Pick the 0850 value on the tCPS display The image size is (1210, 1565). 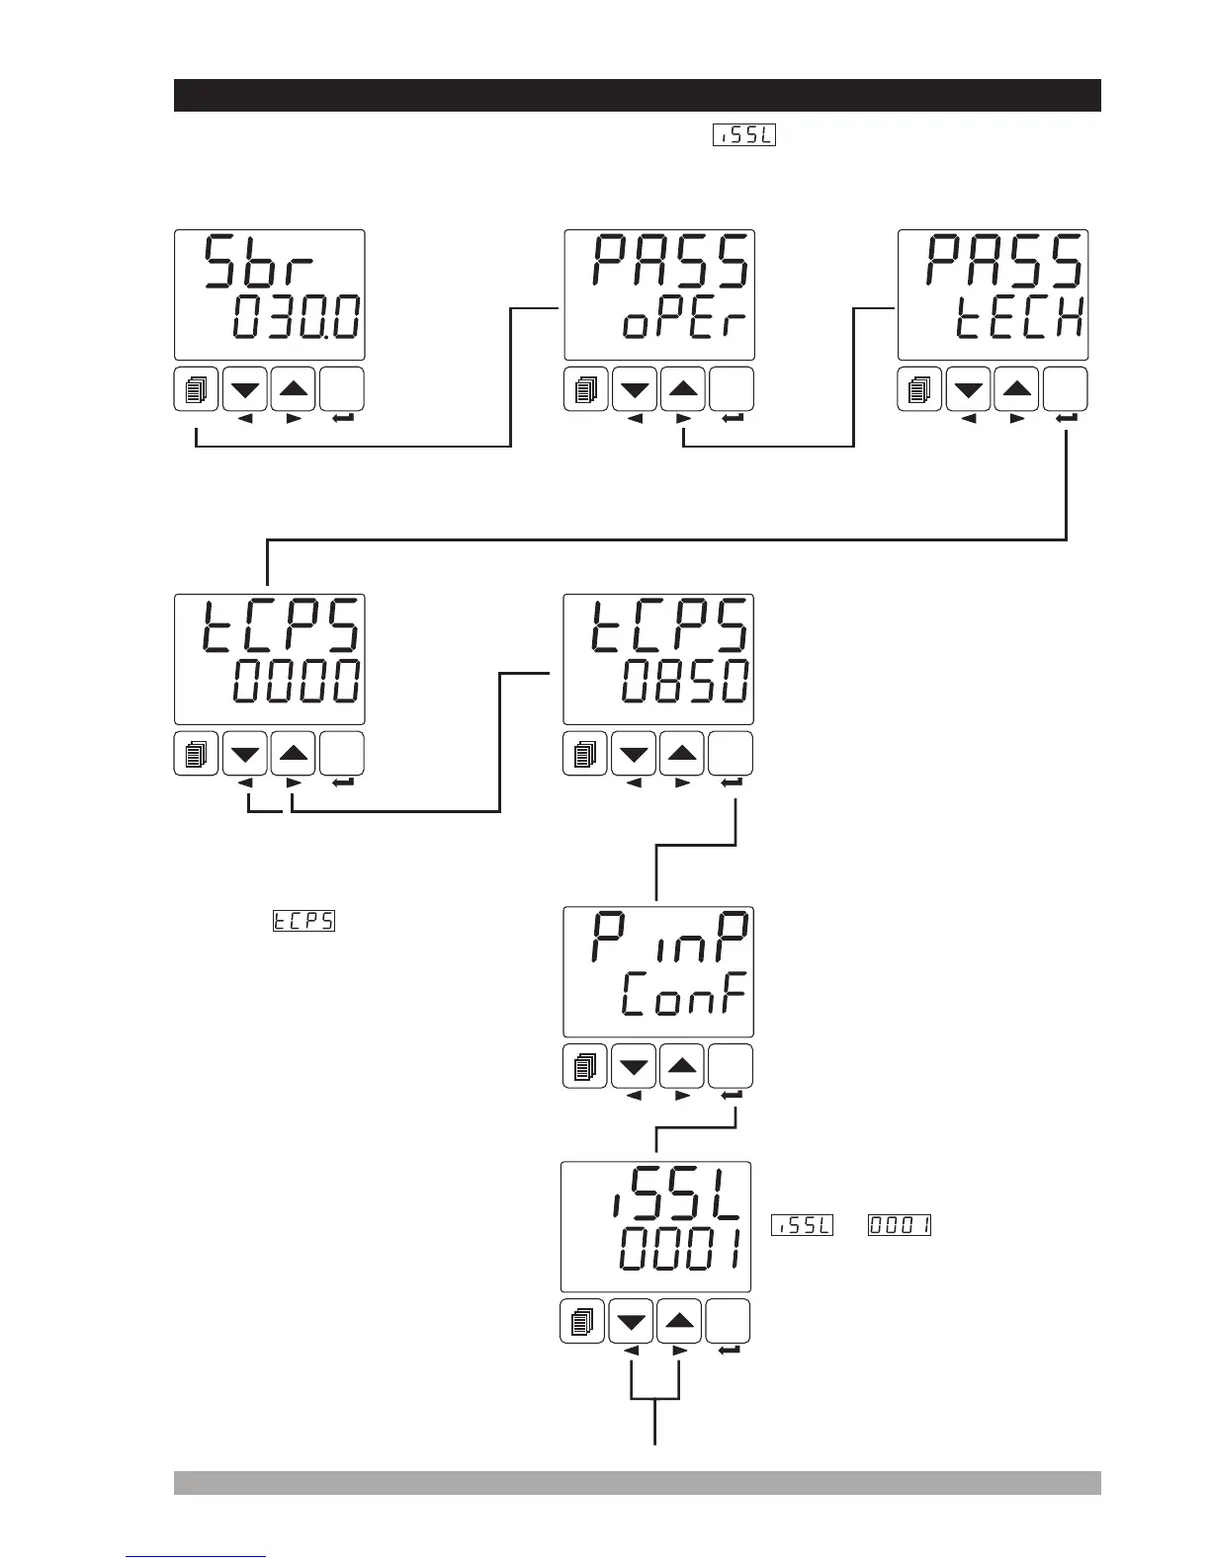point(684,682)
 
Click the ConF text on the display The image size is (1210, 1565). point(682,998)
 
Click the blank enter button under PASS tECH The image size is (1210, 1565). point(1066,389)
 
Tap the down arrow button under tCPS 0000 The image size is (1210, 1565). point(245,755)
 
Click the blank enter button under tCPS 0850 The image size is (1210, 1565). point(732,755)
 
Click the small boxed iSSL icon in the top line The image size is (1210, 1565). point(743,135)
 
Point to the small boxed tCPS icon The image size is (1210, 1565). point(303,922)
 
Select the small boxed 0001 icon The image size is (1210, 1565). point(900,1226)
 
